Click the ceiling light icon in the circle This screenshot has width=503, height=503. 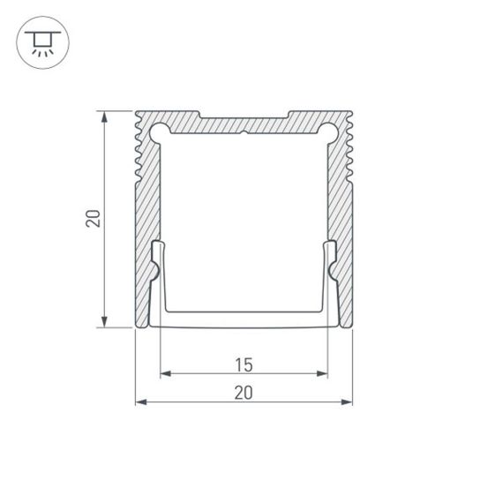[40, 41]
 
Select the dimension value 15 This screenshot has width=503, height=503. [244, 364]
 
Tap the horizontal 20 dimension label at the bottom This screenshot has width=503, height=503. [244, 393]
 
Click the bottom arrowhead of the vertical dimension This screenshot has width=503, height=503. [106, 323]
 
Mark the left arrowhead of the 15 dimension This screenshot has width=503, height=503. [164, 374]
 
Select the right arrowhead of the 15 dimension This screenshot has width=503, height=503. [323, 374]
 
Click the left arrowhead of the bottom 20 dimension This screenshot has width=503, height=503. [139, 403]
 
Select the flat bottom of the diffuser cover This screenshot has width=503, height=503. [244, 318]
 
